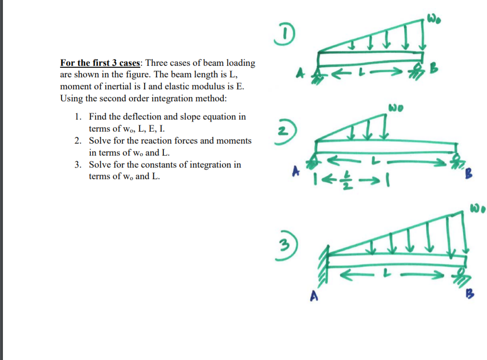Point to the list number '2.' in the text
pos(78,141)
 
